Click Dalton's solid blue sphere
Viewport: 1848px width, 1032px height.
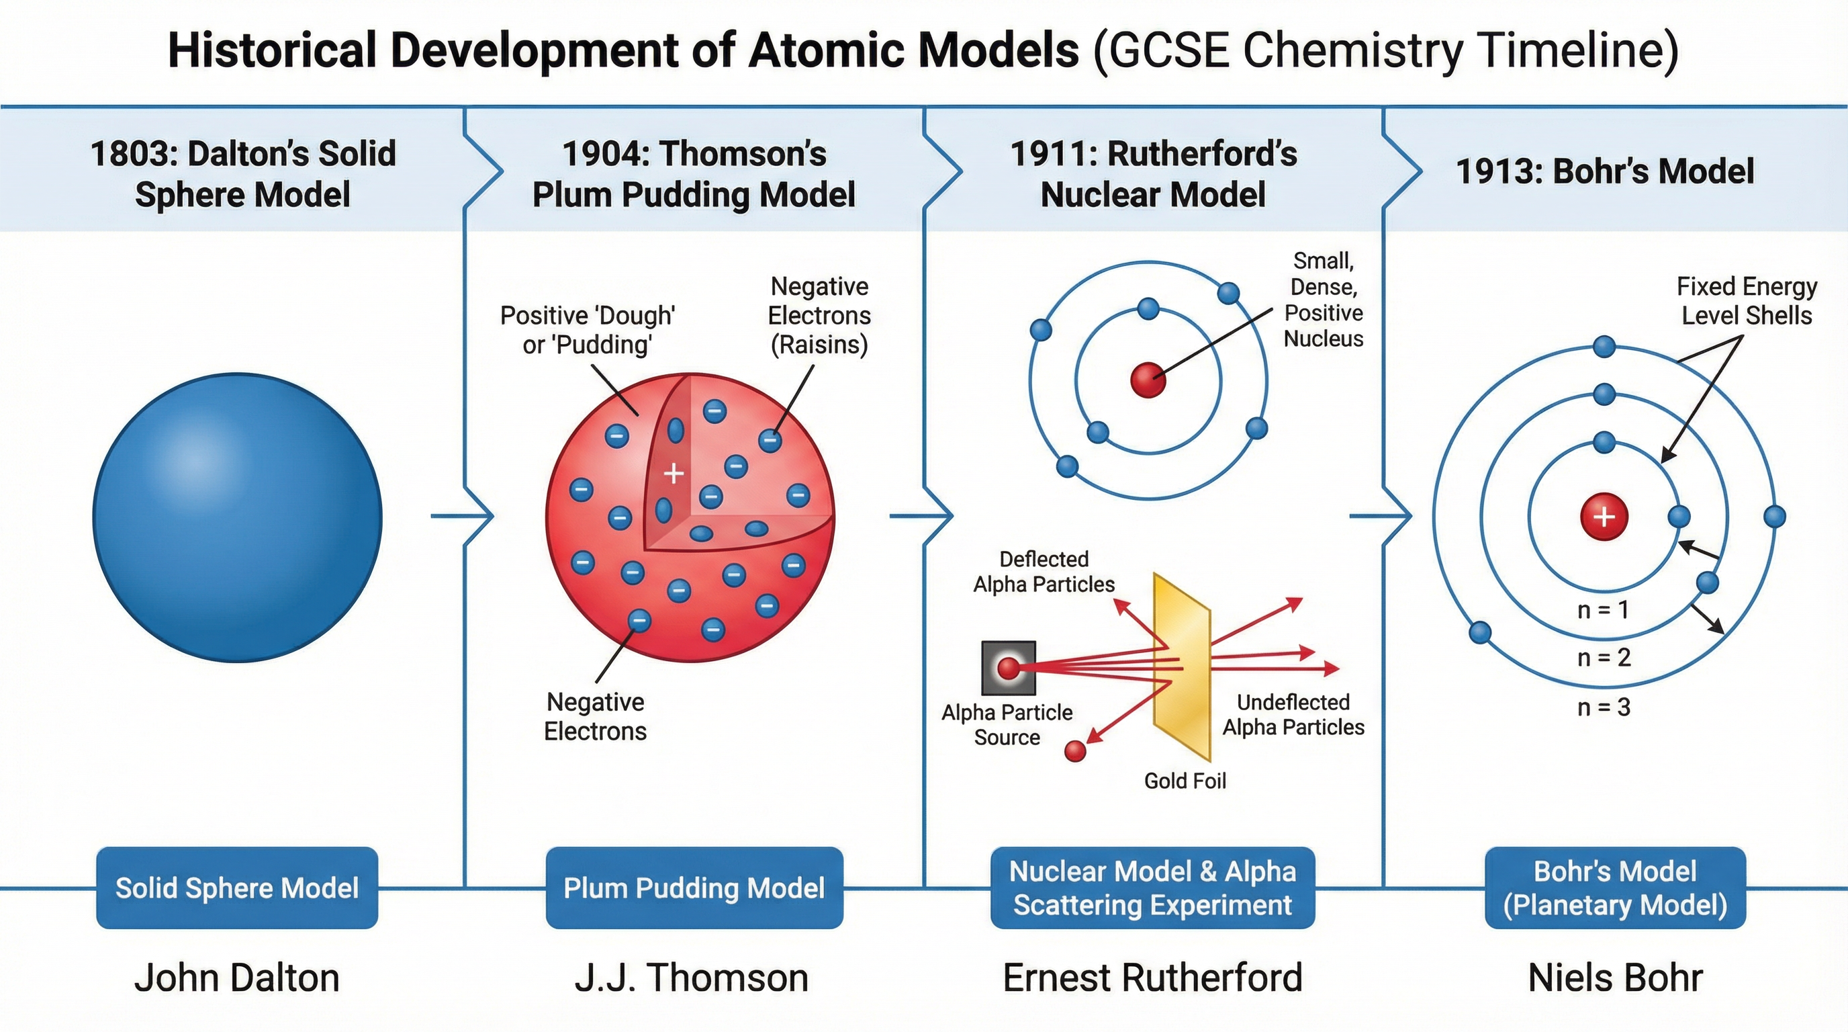(238, 517)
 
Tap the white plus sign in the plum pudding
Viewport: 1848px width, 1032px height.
(673, 474)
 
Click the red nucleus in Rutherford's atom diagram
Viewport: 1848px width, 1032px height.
(1148, 380)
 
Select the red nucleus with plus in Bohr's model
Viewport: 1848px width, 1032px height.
(1604, 517)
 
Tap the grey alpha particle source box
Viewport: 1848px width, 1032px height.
(1008, 668)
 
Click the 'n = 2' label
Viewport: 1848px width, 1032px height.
(1604, 657)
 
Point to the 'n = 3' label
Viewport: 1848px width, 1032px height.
(1604, 707)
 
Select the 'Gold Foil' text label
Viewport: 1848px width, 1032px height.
(1185, 781)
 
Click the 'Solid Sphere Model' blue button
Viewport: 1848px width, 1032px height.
(238, 888)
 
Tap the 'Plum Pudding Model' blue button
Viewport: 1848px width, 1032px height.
(694, 888)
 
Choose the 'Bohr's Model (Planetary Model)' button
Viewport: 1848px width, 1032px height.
(1615, 888)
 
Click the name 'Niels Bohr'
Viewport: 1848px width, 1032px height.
(1615, 978)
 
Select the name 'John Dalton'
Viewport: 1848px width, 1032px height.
(237, 978)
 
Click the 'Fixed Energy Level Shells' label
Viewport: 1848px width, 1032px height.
(1746, 301)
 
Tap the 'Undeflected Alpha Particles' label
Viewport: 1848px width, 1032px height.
(1293, 714)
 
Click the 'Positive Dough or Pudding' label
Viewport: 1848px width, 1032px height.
(588, 329)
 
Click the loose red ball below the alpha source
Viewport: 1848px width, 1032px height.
(1074, 750)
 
